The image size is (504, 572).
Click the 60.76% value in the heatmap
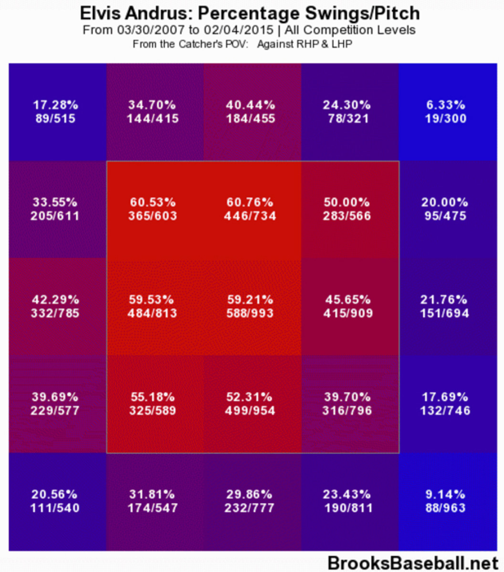click(250, 202)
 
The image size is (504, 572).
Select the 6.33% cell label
click(445, 105)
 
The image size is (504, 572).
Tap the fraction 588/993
click(250, 313)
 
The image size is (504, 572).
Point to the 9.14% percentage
click(445, 494)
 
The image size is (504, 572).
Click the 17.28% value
click(55, 105)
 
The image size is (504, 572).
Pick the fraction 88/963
click(445, 508)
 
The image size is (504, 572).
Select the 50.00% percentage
click(347, 202)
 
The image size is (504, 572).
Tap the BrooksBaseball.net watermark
click(413, 563)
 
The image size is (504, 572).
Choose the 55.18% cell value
click(152, 397)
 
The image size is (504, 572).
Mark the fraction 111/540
click(55, 508)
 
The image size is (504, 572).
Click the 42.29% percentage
click(55, 300)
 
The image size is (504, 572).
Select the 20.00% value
click(445, 202)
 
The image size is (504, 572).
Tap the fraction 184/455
click(250, 118)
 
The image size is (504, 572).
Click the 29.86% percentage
click(250, 494)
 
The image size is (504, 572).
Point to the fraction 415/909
click(347, 313)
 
